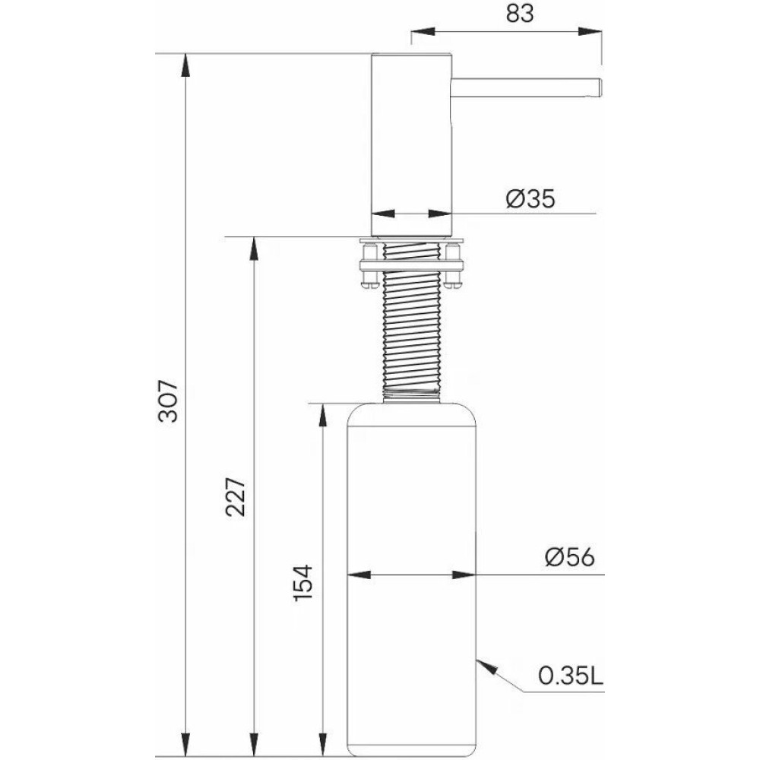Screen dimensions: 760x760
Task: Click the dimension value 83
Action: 520,14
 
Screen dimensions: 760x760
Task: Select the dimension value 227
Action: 236,497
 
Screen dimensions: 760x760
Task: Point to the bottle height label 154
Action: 303,583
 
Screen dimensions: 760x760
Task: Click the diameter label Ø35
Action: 530,198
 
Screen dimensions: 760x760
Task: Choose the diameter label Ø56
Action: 569,557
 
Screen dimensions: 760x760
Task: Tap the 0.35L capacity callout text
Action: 571,675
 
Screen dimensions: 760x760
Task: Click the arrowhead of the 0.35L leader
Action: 486,667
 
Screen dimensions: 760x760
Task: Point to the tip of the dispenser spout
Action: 601,87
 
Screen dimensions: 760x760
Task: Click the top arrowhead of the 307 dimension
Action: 185,65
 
